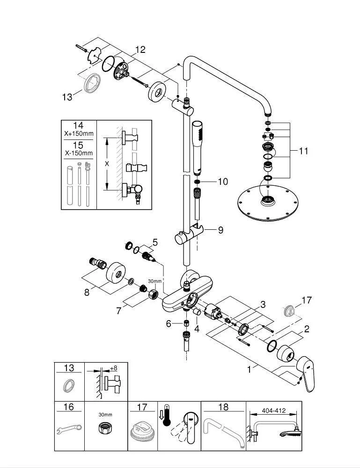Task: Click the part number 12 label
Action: pos(140,50)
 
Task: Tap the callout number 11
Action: pos(304,151)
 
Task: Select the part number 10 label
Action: pos(223,181)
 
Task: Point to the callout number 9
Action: pos(220,230)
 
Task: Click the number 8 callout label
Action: pos(87,292)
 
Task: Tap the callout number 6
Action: pos(169,323)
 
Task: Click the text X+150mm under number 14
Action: pos(79,133)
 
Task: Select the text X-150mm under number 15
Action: pos(79,153)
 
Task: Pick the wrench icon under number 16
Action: pos(68,429)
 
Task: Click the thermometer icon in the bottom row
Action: pos(165,417)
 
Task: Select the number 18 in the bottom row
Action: pos(224,407)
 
